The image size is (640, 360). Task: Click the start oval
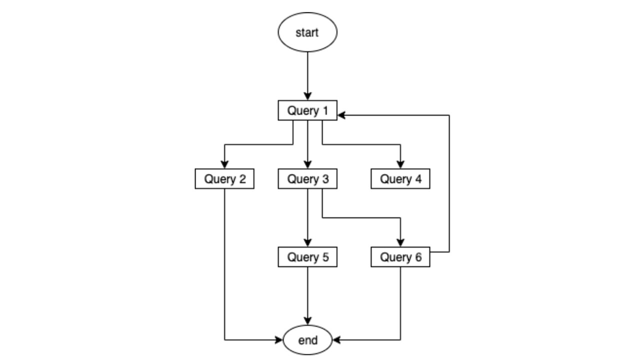[x=307, y=32]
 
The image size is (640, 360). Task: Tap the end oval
[x=307, y=340]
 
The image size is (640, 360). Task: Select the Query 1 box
[x=307, y=110]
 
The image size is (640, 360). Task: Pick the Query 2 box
[x=224, y=179]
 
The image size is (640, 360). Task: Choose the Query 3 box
[x=307, y=179]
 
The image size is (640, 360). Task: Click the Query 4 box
[x=400, y=179]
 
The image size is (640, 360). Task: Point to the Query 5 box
[x=307, y=257]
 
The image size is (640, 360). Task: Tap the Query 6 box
[x=400, y=257]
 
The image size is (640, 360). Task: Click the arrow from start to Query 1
[x=307, y=75]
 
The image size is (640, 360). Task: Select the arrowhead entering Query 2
[x=224, y=165]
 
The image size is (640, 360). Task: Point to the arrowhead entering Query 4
[x=400, y=165]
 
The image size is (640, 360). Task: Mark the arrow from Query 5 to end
[x=307, y=295]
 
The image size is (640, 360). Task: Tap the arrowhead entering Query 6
[x=400, y=243]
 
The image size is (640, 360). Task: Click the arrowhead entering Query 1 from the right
[x=342, y=115]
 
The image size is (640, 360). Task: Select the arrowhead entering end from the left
[x=278, y=340]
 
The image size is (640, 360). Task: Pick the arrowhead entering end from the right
[x=336, y=340]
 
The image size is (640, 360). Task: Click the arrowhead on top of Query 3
[x=307, y=165]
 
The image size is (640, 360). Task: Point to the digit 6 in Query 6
[x=418, y=257]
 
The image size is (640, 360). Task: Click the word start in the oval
[x=307, y=32]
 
